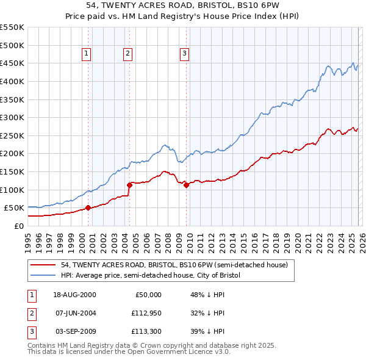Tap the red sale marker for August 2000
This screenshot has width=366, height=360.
88,207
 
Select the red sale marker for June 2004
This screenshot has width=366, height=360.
129,185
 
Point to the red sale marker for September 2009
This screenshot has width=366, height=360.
186,185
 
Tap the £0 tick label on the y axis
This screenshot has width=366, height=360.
18,226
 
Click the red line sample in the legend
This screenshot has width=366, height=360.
43,265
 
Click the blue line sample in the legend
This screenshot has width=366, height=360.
43,275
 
